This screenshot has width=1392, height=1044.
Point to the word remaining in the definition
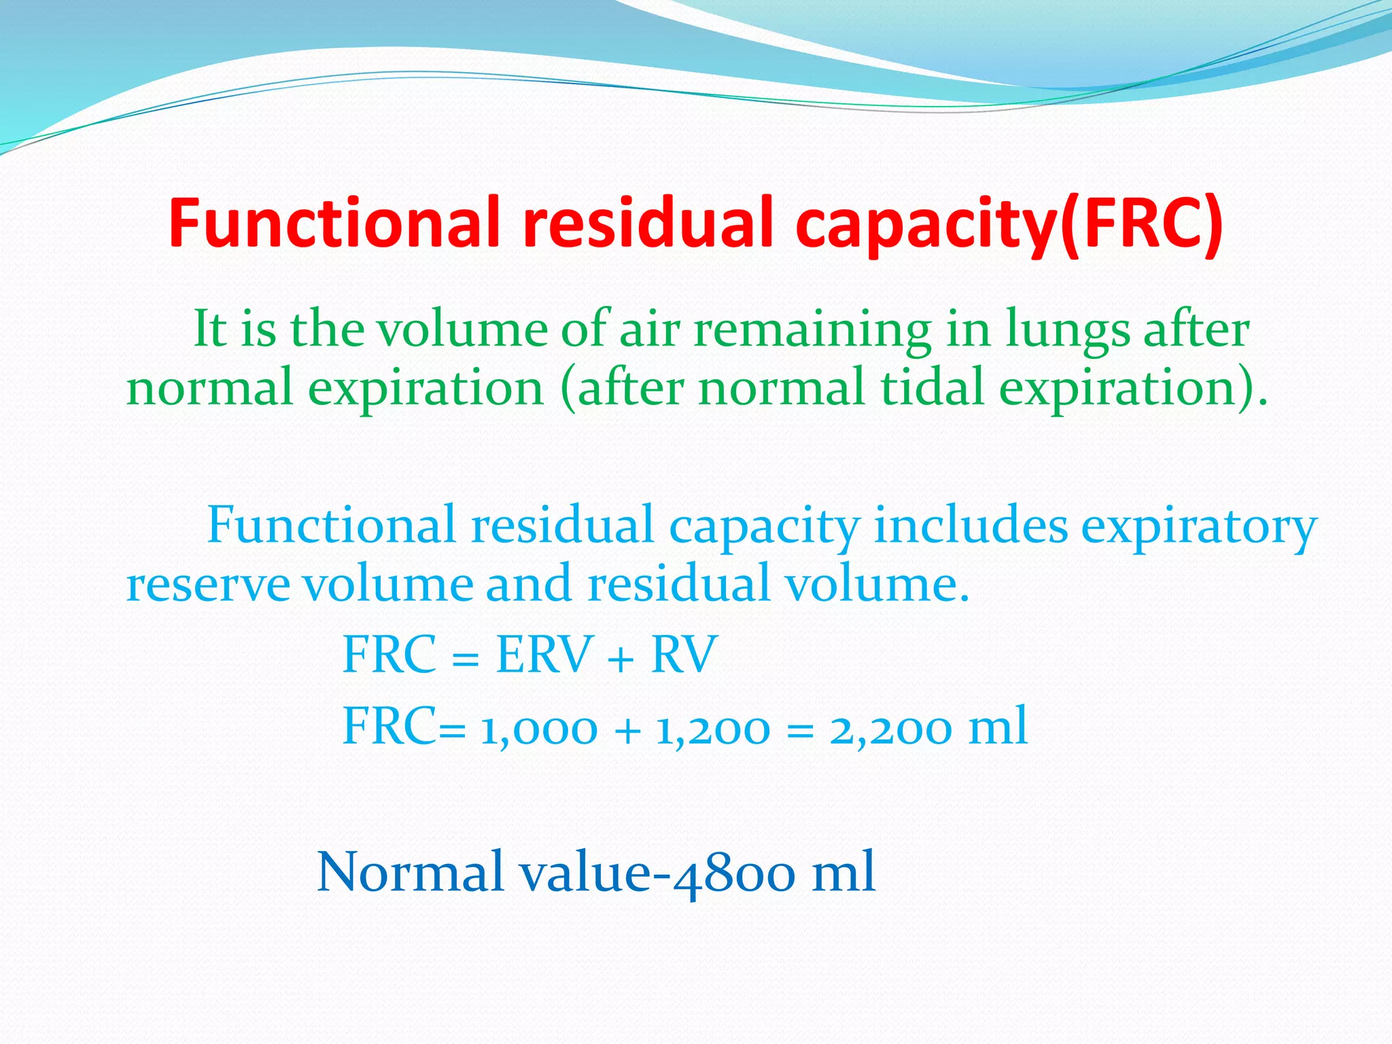coord(812,330)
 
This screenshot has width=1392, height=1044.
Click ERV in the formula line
coord(544,655)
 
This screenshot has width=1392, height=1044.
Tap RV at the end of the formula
coord(684,655)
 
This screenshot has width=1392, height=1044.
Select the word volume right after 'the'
coord(462,330)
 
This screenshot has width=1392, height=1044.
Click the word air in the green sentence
coord(650,330)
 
